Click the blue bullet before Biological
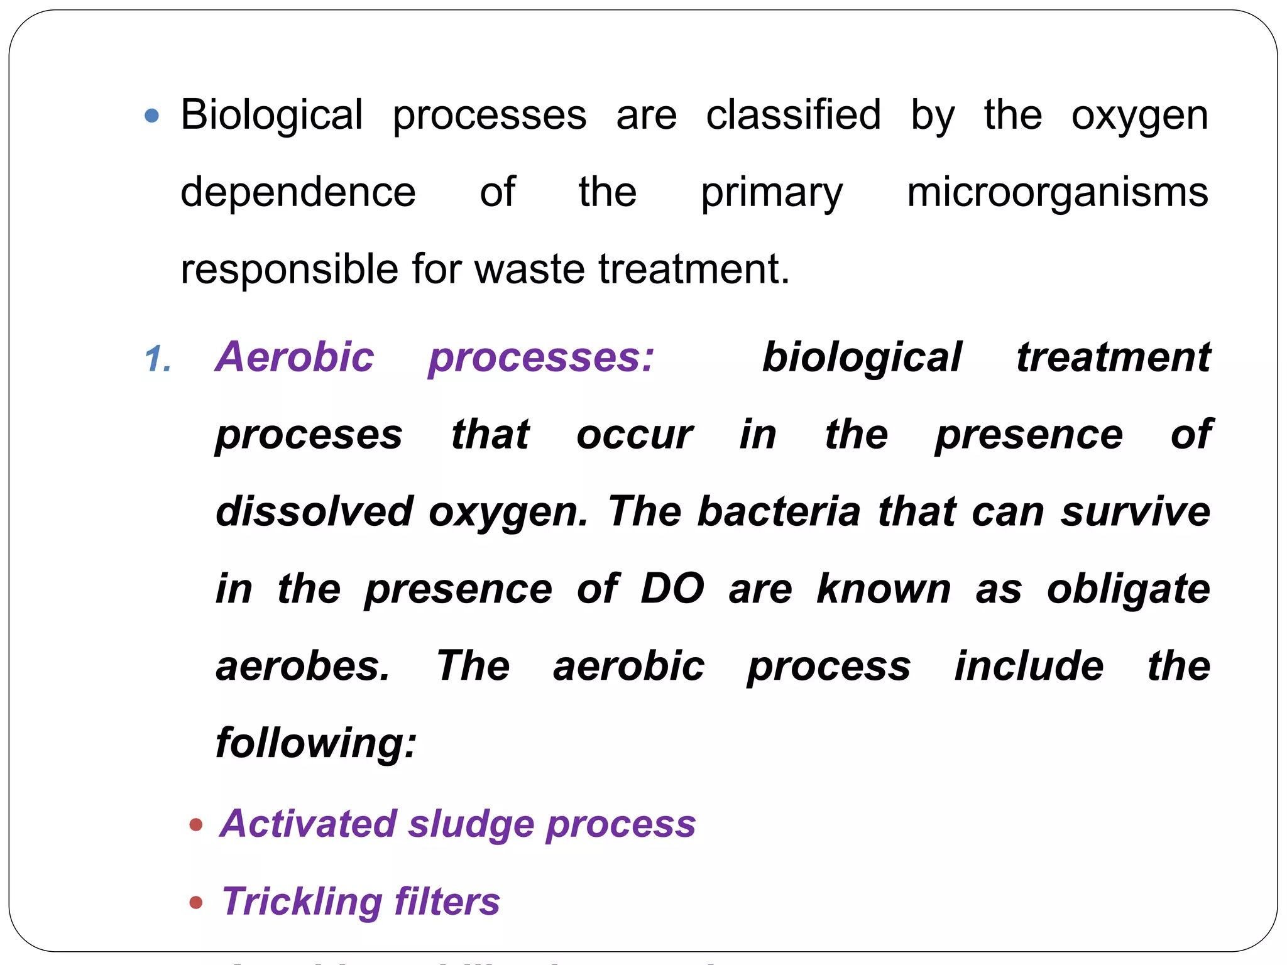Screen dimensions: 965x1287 coord(151,116)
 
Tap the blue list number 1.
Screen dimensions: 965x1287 coord(157,360)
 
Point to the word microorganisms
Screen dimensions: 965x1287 coord(1057,192)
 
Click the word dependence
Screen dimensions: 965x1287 coord(298,192)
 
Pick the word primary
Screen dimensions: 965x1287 coord(772,194)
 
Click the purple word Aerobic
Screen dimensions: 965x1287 coord(295,357)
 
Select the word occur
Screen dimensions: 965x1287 coord(635,435)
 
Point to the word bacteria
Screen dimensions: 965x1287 coord(779,511)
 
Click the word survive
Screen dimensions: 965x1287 coord(1136,511)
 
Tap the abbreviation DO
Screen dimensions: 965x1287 coord(672,589)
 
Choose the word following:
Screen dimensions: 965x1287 coord(316,743)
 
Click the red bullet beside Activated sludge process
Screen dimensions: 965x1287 coord(196,824)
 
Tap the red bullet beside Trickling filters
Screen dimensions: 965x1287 coord(196,903)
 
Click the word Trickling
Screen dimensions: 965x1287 coord(302,903)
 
